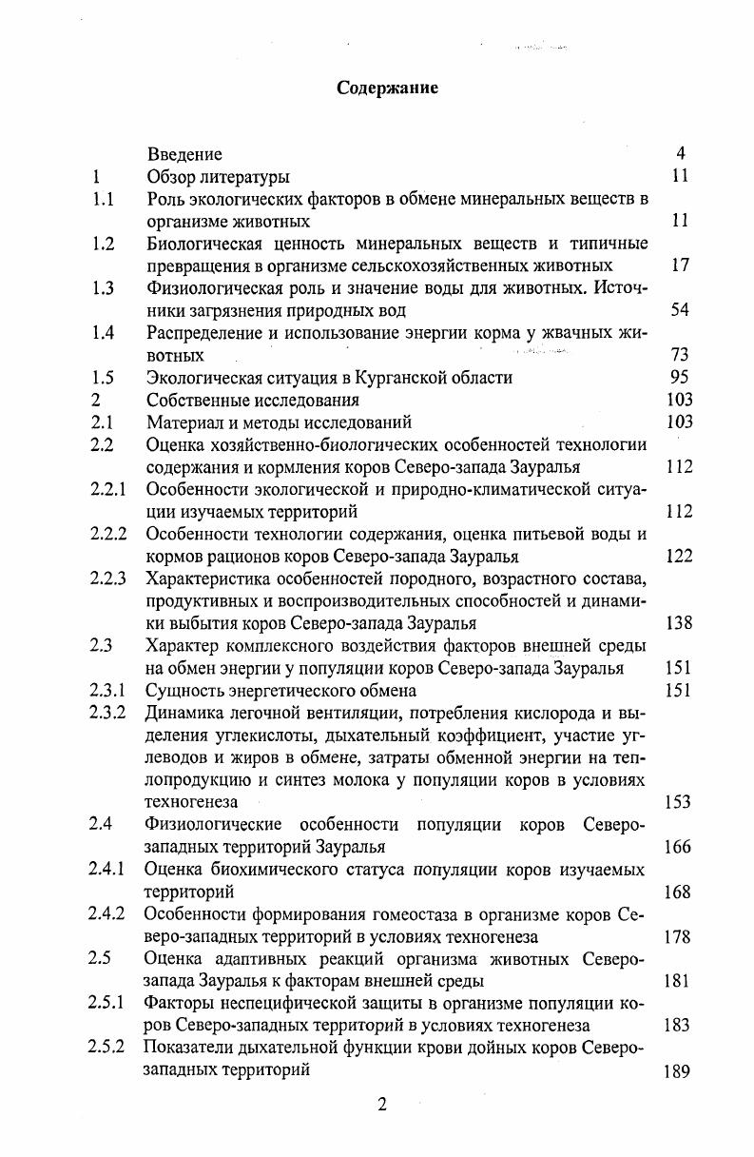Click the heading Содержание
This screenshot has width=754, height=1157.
[387, 88]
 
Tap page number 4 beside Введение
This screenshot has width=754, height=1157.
[681, 153]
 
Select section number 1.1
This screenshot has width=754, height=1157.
[104, 199]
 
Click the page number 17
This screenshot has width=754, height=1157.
[679, 265]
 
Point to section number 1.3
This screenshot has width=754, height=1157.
[104, 288]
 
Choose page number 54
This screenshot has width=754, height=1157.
[679, 310]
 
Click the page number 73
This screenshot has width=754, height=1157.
[679, 355]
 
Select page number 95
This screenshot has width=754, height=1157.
[679, 377]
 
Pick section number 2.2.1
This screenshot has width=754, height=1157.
[108, 489]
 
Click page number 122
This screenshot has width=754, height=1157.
[679, 556]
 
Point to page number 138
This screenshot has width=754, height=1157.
[679, 623]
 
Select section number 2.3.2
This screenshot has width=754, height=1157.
[108, 713]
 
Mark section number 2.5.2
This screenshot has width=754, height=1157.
[108, 1048]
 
